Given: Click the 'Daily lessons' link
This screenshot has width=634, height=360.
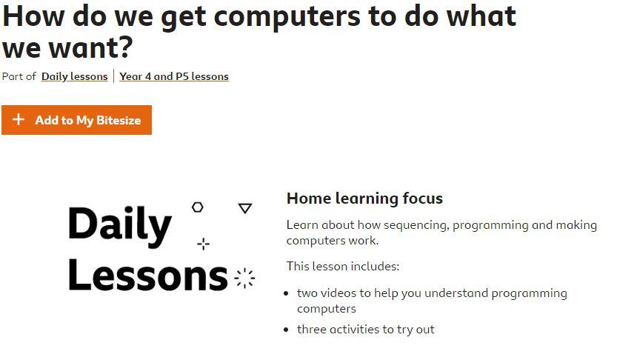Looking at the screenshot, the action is (x=74, y=76).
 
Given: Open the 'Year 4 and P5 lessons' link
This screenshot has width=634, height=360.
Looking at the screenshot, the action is (x=174, y=76).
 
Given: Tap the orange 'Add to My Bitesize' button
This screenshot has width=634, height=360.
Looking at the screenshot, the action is (x=77, y=120).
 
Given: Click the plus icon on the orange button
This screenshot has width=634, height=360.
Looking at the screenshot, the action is (x=19, y=119).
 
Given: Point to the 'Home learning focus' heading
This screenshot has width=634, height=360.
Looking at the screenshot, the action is (x=364, y=199).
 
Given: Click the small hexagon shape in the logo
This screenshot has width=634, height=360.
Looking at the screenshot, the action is (x=197, y=207).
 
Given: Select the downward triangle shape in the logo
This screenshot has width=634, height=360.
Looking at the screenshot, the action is (x=245, y=208).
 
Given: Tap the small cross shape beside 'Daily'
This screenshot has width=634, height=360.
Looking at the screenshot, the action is (x=204, y=244).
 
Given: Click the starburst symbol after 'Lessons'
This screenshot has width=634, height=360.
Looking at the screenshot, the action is (x=244, y=279).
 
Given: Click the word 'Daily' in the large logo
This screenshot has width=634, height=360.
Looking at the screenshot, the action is (x=120, y=225).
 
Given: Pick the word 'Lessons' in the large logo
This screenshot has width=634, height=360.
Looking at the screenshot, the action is (x=148, y=274).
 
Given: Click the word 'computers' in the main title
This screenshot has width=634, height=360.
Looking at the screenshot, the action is (x=287, y=17).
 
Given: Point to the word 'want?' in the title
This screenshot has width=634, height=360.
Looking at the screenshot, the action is (x=91, y=48).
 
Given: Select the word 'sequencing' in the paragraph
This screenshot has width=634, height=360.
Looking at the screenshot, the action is (x=416, y=225).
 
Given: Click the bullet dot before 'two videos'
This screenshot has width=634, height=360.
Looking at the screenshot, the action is (x=287, y=293).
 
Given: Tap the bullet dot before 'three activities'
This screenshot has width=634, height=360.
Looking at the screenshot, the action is (x=287, y=330).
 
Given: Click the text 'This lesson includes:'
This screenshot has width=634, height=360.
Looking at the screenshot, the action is (x=343, y=266).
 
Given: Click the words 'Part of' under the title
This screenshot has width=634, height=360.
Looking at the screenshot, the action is (x=19, y=76).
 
